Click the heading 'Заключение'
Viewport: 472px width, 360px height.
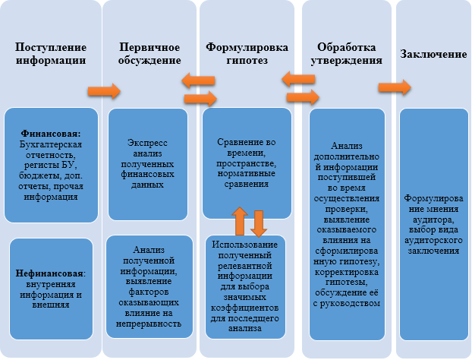433,54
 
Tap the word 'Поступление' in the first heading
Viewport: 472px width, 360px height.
51,47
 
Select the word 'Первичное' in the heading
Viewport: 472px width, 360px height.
149,47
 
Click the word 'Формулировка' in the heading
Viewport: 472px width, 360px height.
247,47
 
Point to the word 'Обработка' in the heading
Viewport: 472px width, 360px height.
347,47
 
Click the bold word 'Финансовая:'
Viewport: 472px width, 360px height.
51,134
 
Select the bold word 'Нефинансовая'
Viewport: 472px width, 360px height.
49,273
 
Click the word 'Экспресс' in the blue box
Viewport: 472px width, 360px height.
147,143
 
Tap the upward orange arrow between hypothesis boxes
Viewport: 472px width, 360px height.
240,221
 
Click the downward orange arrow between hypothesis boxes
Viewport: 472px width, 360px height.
259,223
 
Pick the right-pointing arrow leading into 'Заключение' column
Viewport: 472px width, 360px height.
395,87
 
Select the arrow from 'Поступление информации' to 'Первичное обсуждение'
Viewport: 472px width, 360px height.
104,91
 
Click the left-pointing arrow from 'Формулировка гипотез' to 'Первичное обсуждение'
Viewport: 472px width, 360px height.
198,81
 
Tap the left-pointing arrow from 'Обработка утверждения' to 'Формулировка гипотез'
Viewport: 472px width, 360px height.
298,79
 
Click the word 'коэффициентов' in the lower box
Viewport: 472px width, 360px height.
244,308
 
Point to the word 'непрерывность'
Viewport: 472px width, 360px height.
149,324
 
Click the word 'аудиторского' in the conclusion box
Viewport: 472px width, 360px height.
433,241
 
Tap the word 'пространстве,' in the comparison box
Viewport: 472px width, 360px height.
246,163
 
